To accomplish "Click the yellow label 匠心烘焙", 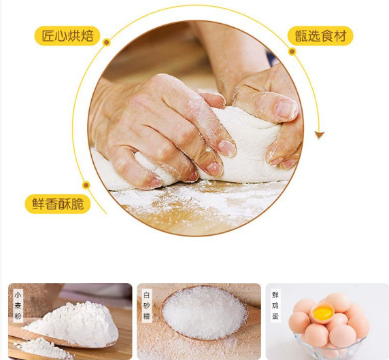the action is (x=67, y=36).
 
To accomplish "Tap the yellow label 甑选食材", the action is (x=320, y=36).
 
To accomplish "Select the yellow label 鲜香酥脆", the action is (x=58, y=204).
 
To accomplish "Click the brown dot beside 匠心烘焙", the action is (x=107, y=42).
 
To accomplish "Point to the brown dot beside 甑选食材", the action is (x=292, y=52).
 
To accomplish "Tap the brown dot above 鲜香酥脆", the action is (x=86, y=185).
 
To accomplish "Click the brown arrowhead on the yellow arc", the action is (x=320, y=135).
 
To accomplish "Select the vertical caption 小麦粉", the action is (x=18, y=306).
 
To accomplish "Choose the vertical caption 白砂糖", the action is (x=147, y=306).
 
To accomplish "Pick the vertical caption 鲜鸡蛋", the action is (x=275, y=306).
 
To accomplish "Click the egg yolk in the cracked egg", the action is (x=323, y=313).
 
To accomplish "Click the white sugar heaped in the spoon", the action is (x=204, y=312).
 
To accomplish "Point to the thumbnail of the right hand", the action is (x=286, y=109).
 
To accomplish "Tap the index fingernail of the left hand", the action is (x=226, y=148).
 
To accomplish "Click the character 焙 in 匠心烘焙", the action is (x=87, y=36).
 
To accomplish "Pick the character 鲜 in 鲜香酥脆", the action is (x=38, y=204).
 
